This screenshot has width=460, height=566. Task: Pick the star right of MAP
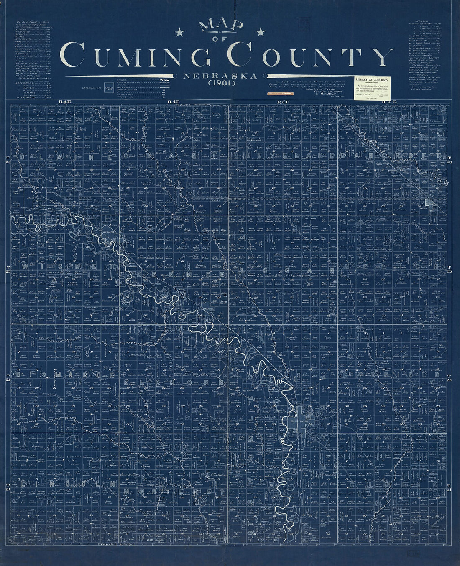click(261, 31)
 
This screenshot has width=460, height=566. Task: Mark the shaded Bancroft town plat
click(431, 203)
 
